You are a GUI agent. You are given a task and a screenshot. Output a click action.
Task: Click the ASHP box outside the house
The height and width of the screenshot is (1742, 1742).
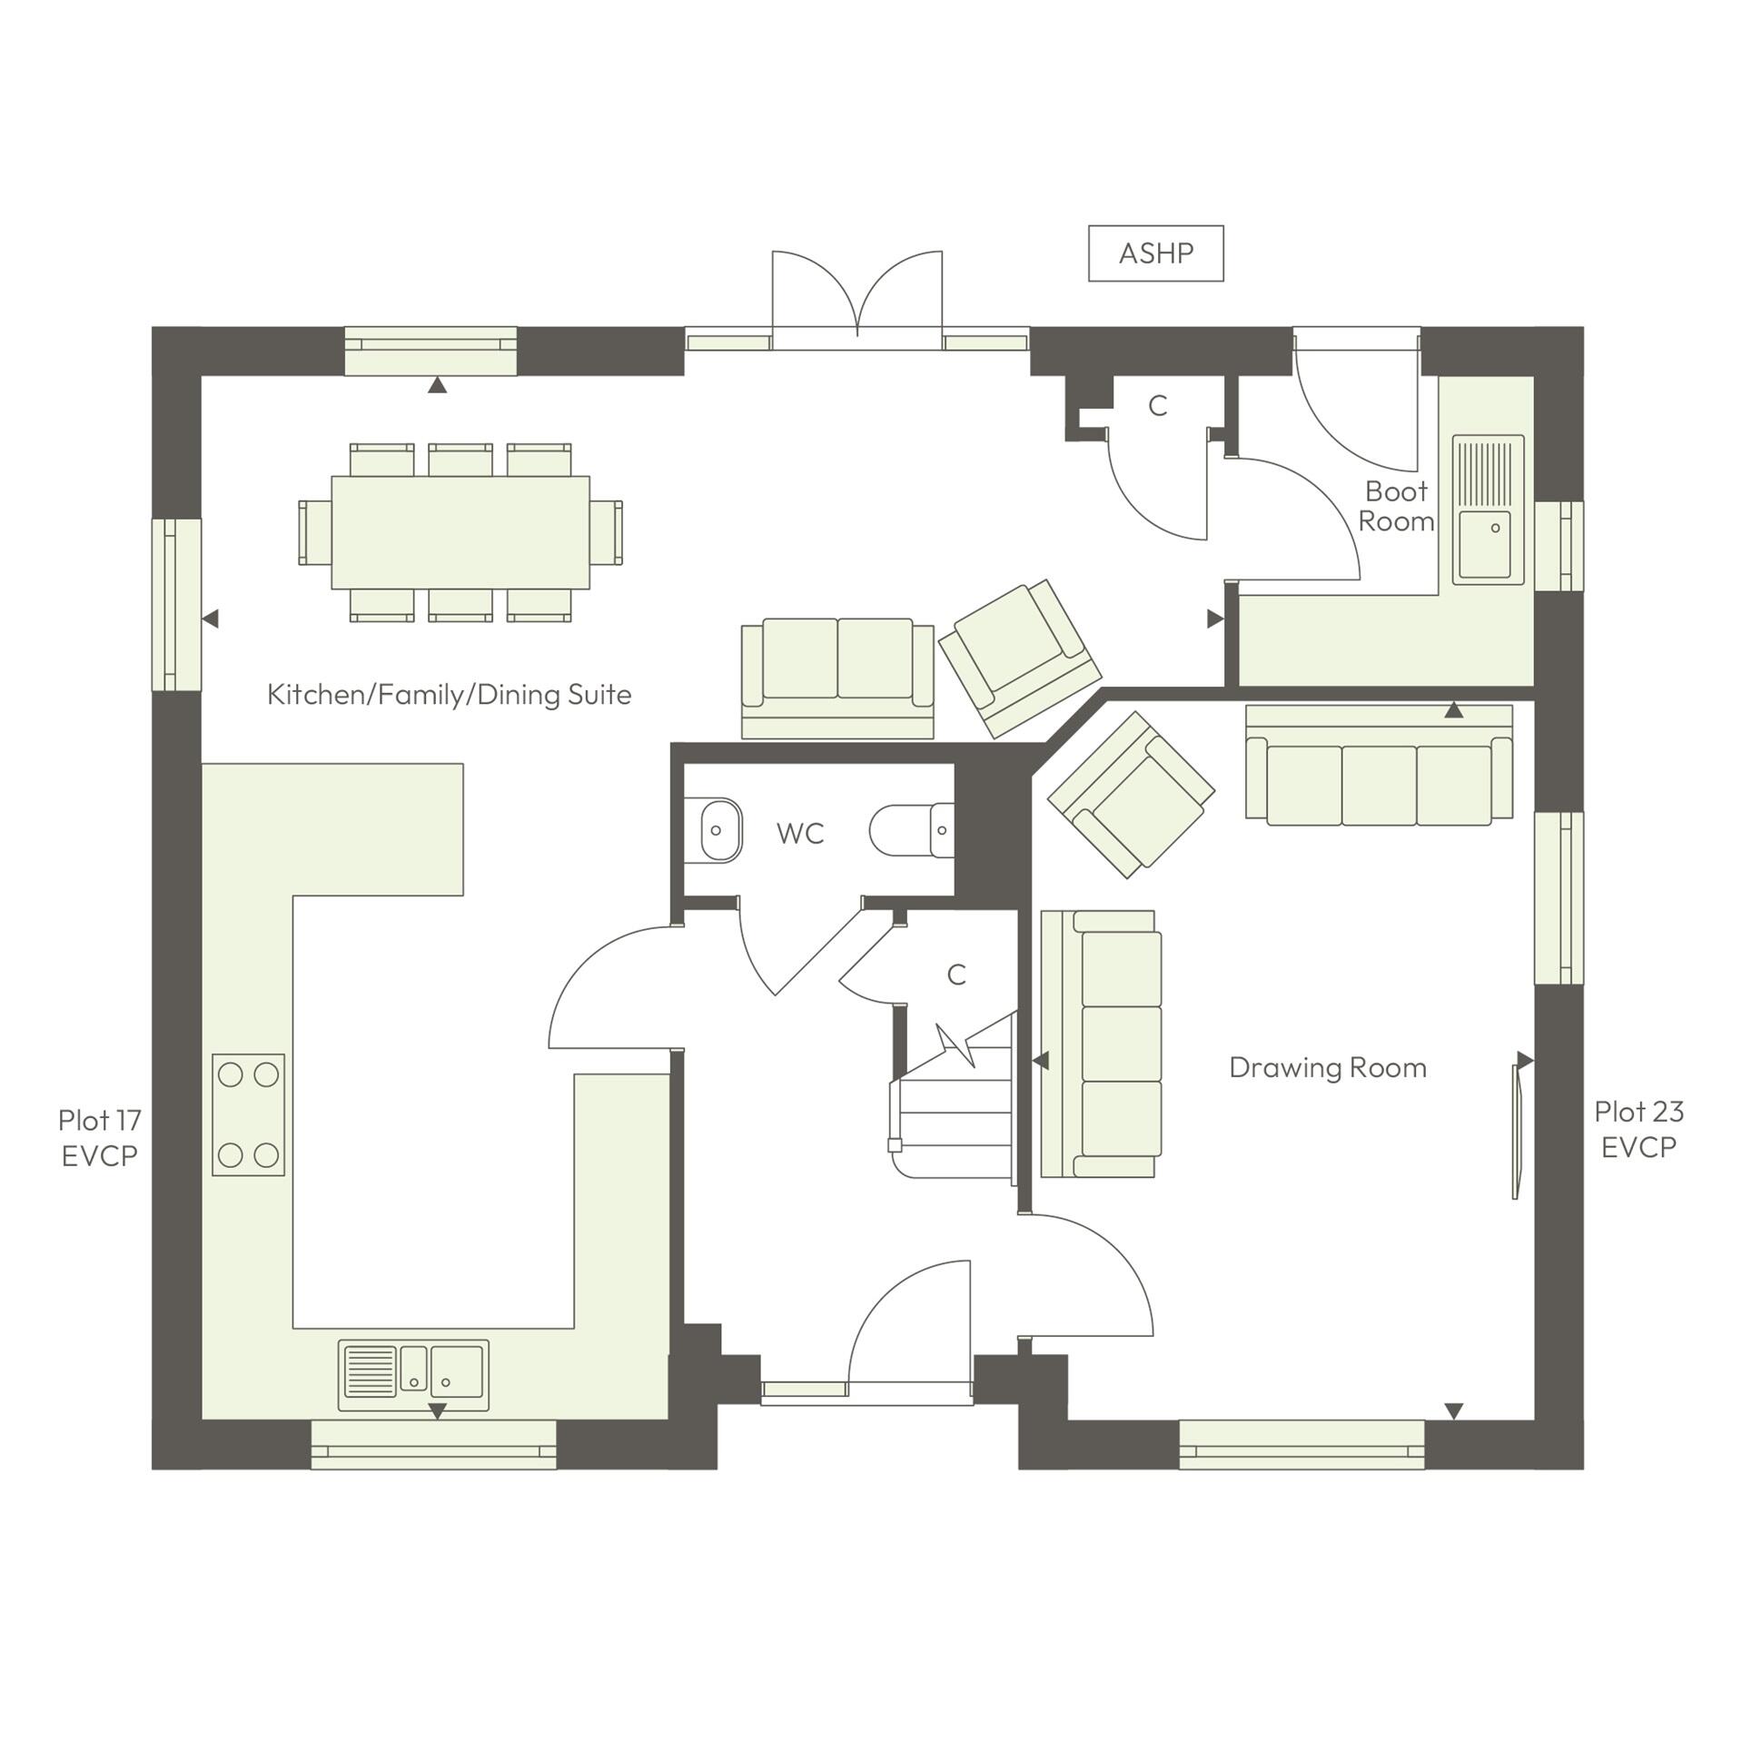1155,253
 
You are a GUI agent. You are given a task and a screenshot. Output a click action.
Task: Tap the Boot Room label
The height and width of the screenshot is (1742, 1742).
1395,506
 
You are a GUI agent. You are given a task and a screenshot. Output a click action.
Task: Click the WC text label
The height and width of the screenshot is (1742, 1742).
800,834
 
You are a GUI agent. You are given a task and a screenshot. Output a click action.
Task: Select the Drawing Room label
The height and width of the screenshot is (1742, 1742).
1327,1068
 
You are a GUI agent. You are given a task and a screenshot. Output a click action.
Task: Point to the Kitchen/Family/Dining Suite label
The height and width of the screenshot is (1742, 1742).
449,695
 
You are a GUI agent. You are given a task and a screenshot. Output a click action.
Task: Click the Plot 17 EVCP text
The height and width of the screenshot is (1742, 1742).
99,1137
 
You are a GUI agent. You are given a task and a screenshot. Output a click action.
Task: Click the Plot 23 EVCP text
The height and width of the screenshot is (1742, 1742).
1638,1129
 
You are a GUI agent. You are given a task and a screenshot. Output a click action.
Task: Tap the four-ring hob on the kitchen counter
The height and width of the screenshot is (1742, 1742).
248,1114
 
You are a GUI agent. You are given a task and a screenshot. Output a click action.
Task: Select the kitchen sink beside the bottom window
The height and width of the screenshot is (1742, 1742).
413,1375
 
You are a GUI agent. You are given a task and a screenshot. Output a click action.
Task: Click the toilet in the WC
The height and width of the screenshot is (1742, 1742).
911,830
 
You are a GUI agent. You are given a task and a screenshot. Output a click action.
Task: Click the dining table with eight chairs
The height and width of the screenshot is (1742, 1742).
460,532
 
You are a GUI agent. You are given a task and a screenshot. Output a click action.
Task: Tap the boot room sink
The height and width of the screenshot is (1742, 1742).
1487,510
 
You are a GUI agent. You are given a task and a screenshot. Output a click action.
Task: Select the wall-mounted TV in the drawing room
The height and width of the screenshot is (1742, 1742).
1515,1130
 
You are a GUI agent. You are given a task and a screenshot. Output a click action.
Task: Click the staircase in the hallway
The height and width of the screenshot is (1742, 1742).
954,1112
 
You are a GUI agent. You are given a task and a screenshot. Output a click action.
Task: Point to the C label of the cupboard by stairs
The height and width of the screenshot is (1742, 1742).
955,975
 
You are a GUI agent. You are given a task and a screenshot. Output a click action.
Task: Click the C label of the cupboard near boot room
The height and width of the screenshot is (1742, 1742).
1156,406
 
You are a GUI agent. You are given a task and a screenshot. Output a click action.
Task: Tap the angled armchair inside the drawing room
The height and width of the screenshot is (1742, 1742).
1131,795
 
